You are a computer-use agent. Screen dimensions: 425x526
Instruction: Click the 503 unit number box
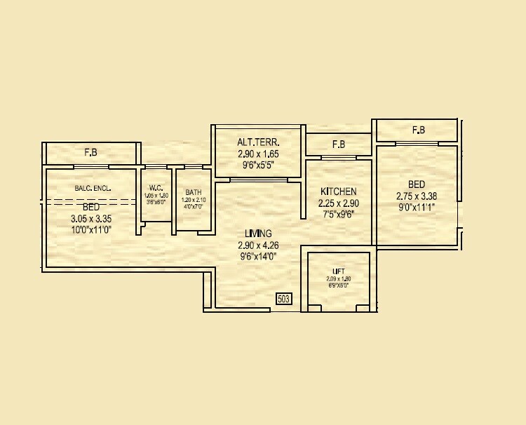click(284, 299)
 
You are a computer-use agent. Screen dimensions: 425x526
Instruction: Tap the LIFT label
click(339, 271)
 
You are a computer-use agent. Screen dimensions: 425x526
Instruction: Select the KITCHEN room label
click(339, 191)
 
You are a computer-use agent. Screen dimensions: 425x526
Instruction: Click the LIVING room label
click(258, 234)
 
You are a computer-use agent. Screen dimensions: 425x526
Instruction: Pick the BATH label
click(194, 192)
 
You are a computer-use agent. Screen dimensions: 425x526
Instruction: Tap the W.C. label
click(156, 187)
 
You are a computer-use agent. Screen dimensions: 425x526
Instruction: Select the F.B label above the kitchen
click(339, 144)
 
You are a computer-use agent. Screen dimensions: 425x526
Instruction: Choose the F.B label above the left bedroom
click(90, 152)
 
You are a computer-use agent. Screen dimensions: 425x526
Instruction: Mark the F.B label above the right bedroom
click(419, 130)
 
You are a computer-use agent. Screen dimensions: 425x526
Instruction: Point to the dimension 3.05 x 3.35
click(91, 218)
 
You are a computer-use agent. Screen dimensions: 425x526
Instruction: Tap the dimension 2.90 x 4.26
click(258, 245)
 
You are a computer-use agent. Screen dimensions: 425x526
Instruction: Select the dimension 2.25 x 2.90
click(339, 203)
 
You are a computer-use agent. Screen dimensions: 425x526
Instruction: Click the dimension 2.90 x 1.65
click(258, 154)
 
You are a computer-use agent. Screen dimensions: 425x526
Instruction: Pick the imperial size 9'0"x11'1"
click(416, 208)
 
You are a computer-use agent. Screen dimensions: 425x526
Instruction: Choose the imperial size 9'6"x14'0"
click(258, 257)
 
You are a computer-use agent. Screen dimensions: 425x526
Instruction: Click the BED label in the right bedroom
click(416, 185)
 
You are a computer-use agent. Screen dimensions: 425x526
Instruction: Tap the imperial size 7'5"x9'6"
click(339, 215)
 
